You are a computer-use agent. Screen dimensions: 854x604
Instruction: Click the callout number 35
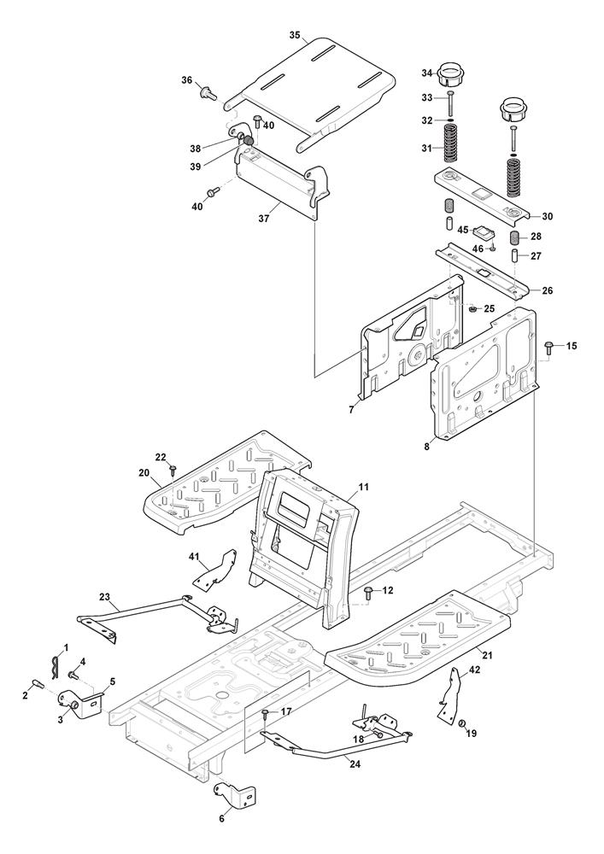tap(294, 36)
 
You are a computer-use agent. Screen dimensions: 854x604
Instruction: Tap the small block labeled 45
tap(485, 231)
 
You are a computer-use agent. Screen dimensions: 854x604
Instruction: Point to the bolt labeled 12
tap(368, 591)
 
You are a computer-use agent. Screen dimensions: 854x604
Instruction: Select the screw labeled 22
tap(173, 469)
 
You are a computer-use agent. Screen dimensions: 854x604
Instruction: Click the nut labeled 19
tap(460, 725)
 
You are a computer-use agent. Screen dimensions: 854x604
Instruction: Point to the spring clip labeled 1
tap(56, 661)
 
